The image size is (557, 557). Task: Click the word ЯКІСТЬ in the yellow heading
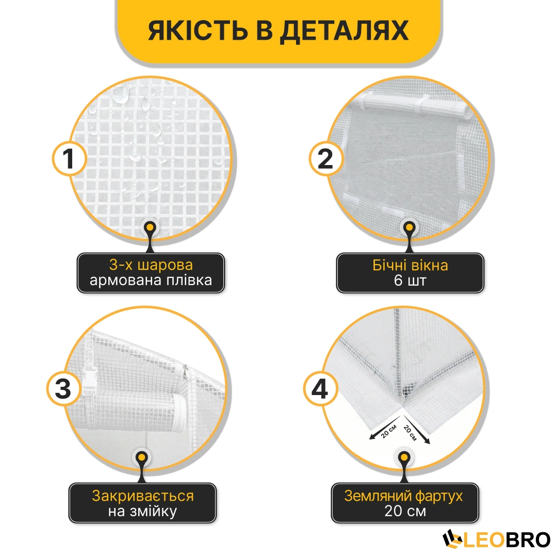point(198,31)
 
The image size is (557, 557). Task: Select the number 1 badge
point(69,159)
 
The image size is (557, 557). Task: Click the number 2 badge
point(326,159)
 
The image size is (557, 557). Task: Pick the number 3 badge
point(63,389)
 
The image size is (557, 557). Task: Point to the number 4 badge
point(320,389)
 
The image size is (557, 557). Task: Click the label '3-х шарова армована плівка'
point(151,273)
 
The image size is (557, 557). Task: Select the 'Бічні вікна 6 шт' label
point(410,273)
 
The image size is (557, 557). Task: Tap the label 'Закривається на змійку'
point(142,503)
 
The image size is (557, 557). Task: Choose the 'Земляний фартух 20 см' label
point(405,503)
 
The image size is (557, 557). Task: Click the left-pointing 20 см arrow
point(386,428)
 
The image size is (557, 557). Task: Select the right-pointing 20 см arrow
point(416,430)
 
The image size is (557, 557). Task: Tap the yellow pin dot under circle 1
point(150,227)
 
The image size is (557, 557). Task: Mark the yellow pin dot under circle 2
point(409,227)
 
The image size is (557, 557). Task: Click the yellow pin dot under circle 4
point(404,457)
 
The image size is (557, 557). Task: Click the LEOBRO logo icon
point(453,539)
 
